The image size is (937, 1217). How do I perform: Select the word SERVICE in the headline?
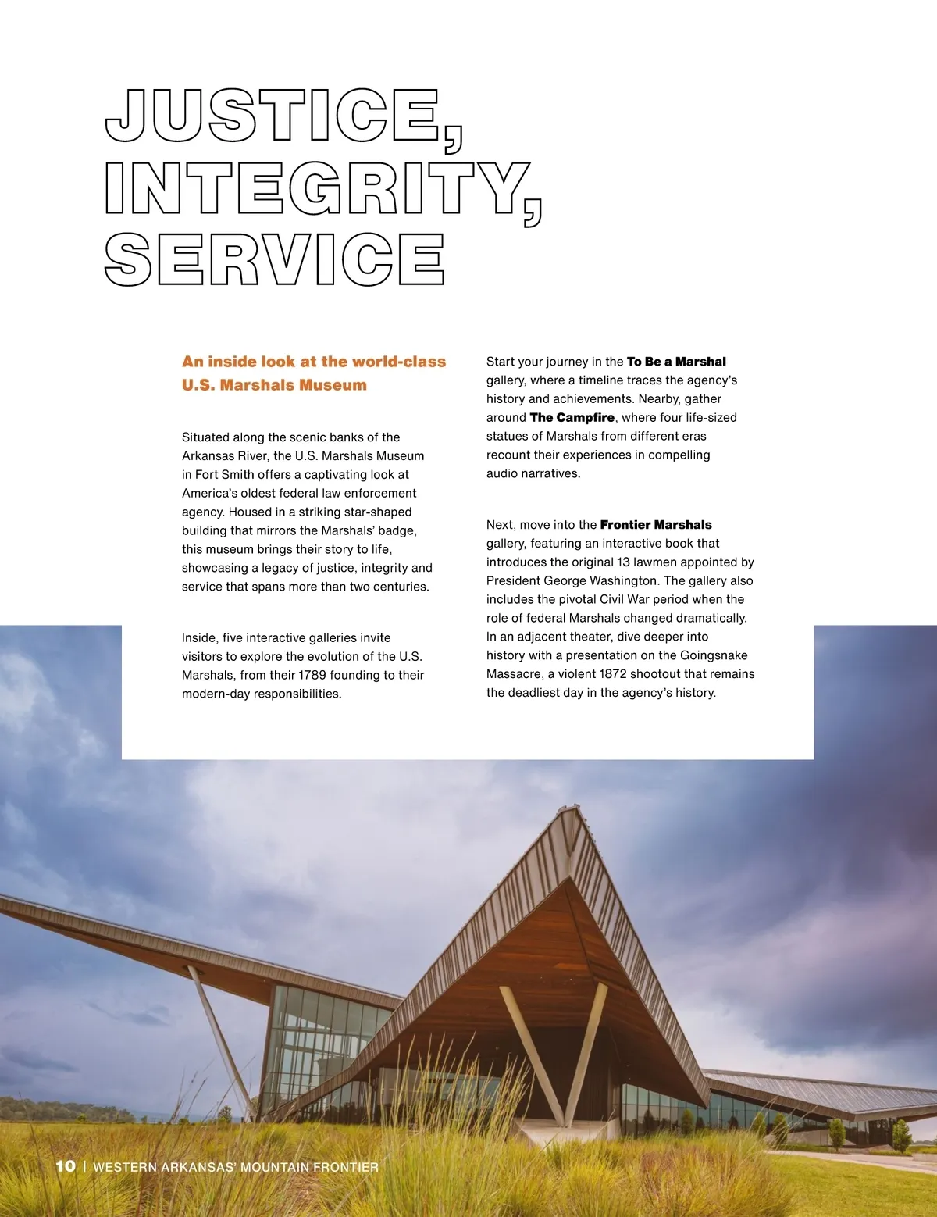coord(275,259)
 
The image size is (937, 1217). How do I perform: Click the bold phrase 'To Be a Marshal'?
coord(676,362)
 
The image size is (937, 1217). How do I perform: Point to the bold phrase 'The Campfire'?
coord(572,418)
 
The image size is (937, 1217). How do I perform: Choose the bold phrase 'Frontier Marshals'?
coord(656,525)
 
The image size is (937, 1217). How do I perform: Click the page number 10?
coord(66,1166)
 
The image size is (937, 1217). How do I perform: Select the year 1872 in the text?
coord(613,674)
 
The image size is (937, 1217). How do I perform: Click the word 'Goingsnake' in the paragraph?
coord(714,655)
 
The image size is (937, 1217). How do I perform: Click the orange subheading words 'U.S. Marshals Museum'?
coord(274,385)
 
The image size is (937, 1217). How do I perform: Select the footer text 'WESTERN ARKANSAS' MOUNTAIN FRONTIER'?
coord(236,1167)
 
